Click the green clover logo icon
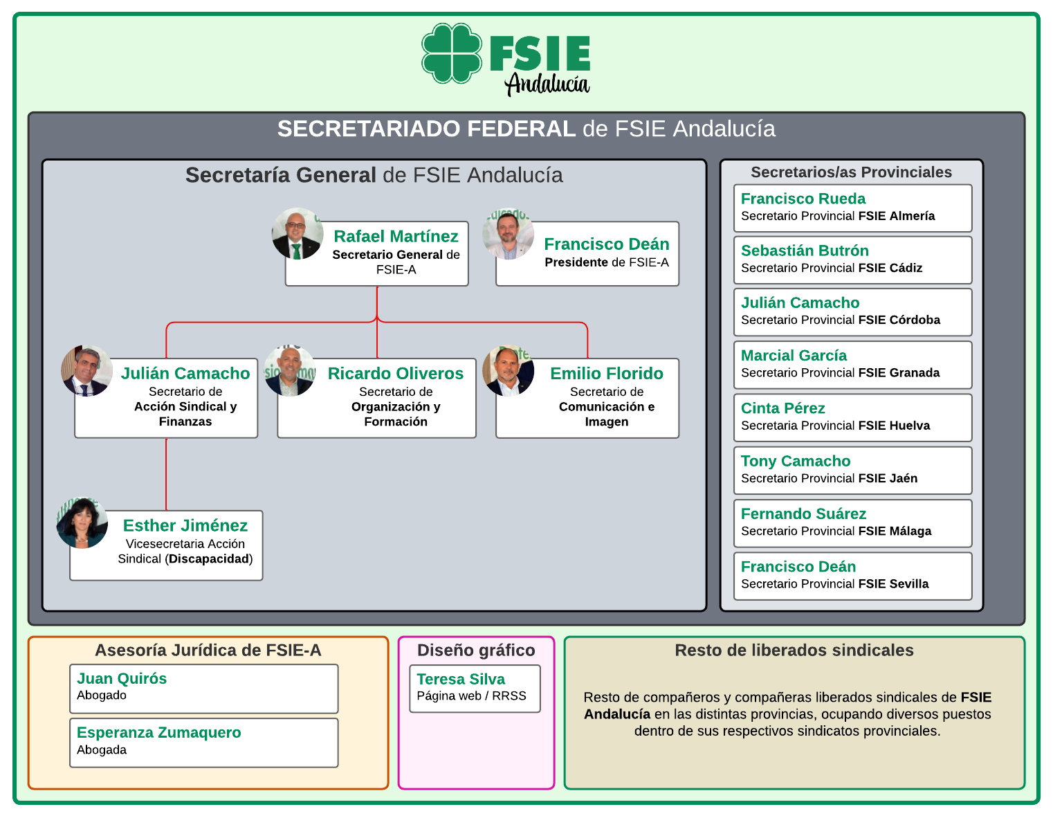click(x=452, y=53)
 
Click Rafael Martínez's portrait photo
click(x=297, y=234)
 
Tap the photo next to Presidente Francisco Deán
click(x=509, y=234)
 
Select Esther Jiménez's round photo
click(x=82, y=522)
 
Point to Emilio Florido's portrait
click(x=509, y=371)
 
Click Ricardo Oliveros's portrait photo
click(x=290, y=371)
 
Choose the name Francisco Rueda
click(x=803, y=199)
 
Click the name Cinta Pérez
click(x=782, y=408)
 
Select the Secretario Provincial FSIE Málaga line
click(x=836, y=531)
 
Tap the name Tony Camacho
click(x=796, y=461)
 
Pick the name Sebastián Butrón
click(x=805, y=251)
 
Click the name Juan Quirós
click(x=122, y=678)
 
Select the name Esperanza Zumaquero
click(x=159, y=732)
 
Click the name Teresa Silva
click(x=461, y=679)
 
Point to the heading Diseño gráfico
click(x=476, y=651)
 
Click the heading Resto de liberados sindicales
click(x=794, y=651)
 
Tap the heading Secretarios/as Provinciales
click(x=851, y=172)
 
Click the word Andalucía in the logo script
click(x=547, y=84)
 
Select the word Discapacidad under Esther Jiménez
click(x=209, y=558)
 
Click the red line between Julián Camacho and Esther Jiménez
click(x=167, y=474)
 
